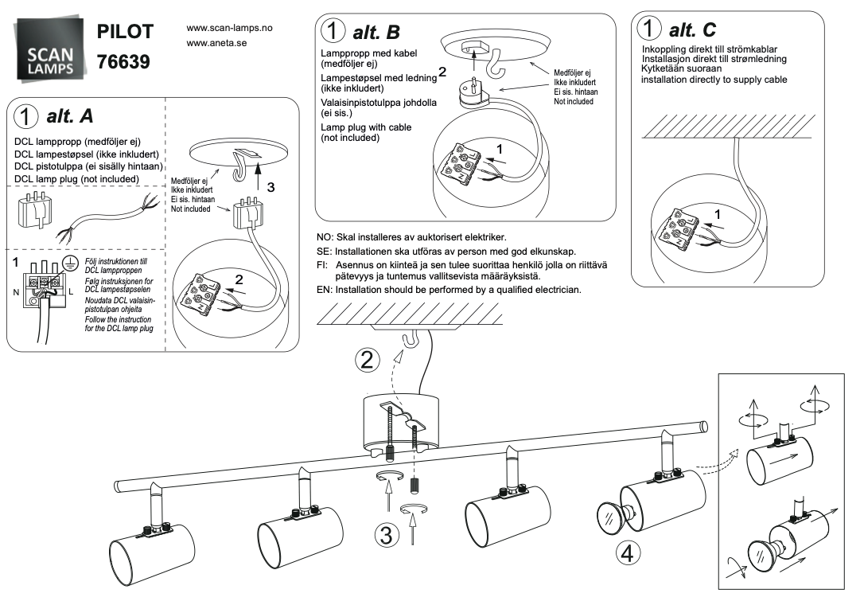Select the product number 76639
[123, 61]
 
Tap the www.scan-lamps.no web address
[229, 28]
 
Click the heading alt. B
[374, 33]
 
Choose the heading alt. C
[692, 30]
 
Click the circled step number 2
[366, 360]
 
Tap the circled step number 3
[386, 535]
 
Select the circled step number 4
[627, 552]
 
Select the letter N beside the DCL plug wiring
[15, 293]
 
